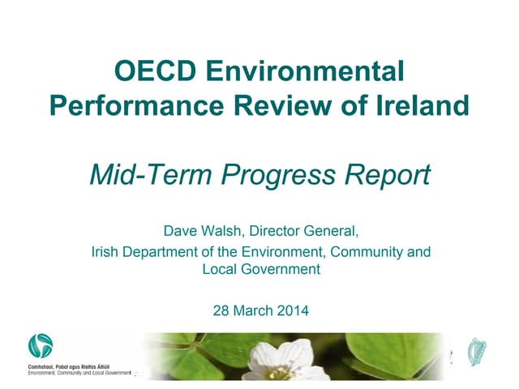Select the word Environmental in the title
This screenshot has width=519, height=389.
305,72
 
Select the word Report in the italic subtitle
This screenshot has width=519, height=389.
386,173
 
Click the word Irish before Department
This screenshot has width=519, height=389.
105,252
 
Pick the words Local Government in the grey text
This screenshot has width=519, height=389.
261,269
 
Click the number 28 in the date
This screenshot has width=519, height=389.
218,309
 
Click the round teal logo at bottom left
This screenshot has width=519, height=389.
40,347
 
